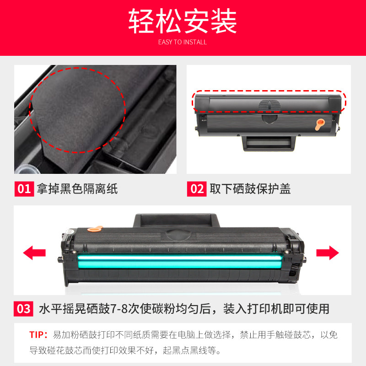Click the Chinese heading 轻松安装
click(x=183, y=21)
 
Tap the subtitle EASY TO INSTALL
click(x=183, y=42)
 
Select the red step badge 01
click(x=24, y=189)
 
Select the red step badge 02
click(x=197, y=189)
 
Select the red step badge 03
click(x=23, y=309)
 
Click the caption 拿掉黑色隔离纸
click(x=77, y=189)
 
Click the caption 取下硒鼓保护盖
click(x=250, y=189)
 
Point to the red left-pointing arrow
click(x=34, y=253)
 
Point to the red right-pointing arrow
click(x=328, y=253)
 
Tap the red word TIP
click(x=37, y=335)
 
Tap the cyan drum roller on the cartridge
click(x=179, y=261)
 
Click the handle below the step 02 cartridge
click(x=269, y=143)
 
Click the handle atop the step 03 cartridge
click(x=177, y=220)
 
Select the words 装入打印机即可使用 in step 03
click(x=276, y=309)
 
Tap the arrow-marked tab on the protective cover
click(x=269, y=105)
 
